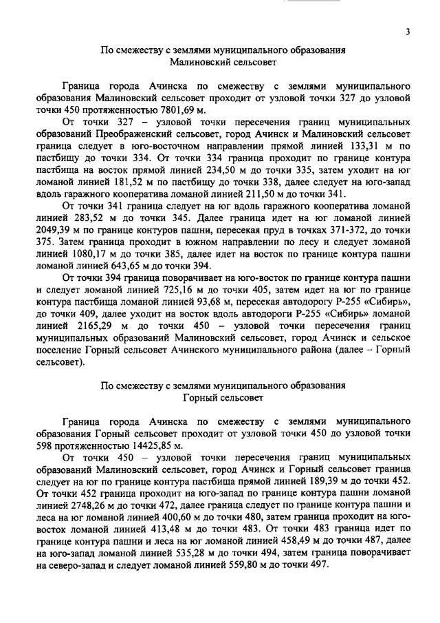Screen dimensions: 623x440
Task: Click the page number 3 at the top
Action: click(x=408, y=32)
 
